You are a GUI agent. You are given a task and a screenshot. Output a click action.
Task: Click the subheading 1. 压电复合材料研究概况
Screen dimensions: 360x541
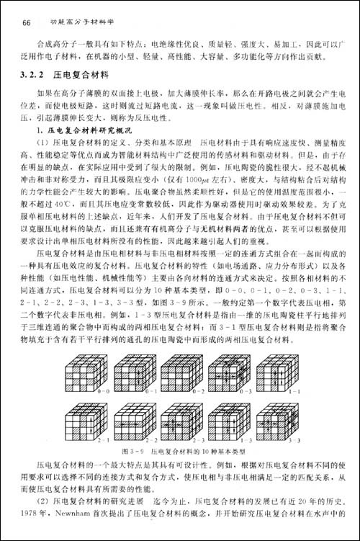(x=89, y=128)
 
